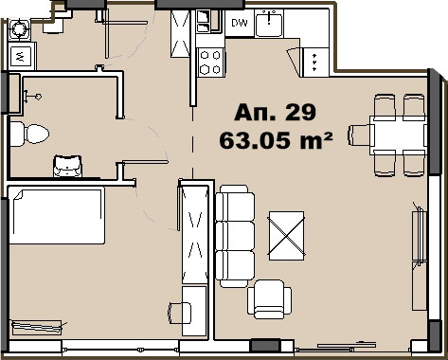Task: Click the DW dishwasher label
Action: click(x=239, y=23)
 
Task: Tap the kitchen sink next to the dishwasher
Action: click(x=269, y=23)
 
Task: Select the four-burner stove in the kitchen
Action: click(x=210, y=63)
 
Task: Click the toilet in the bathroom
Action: click(x=29, y=134)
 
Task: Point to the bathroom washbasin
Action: click(x=68, y=166)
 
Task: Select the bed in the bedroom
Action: click(x=57, y=215)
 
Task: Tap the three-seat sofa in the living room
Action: click(x=235, y=236)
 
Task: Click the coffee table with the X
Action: click(x=286, y=236)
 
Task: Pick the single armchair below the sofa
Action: click(x=269, y=299)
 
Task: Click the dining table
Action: click(x=399, y=135)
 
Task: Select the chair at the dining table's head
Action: click(x=361, y=135)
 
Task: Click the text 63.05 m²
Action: click(x=276, y=140)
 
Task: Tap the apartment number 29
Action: click(x=300, y=112)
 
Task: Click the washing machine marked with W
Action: click(x=21, y=56)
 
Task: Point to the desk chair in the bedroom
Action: click(x=179, y=313)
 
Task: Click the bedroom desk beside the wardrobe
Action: click(x=194, y=311)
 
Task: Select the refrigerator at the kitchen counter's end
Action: click(x=315, y=63)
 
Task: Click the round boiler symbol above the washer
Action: click(x=20, y=29)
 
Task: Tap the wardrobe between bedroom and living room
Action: click(x=195, y=234)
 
